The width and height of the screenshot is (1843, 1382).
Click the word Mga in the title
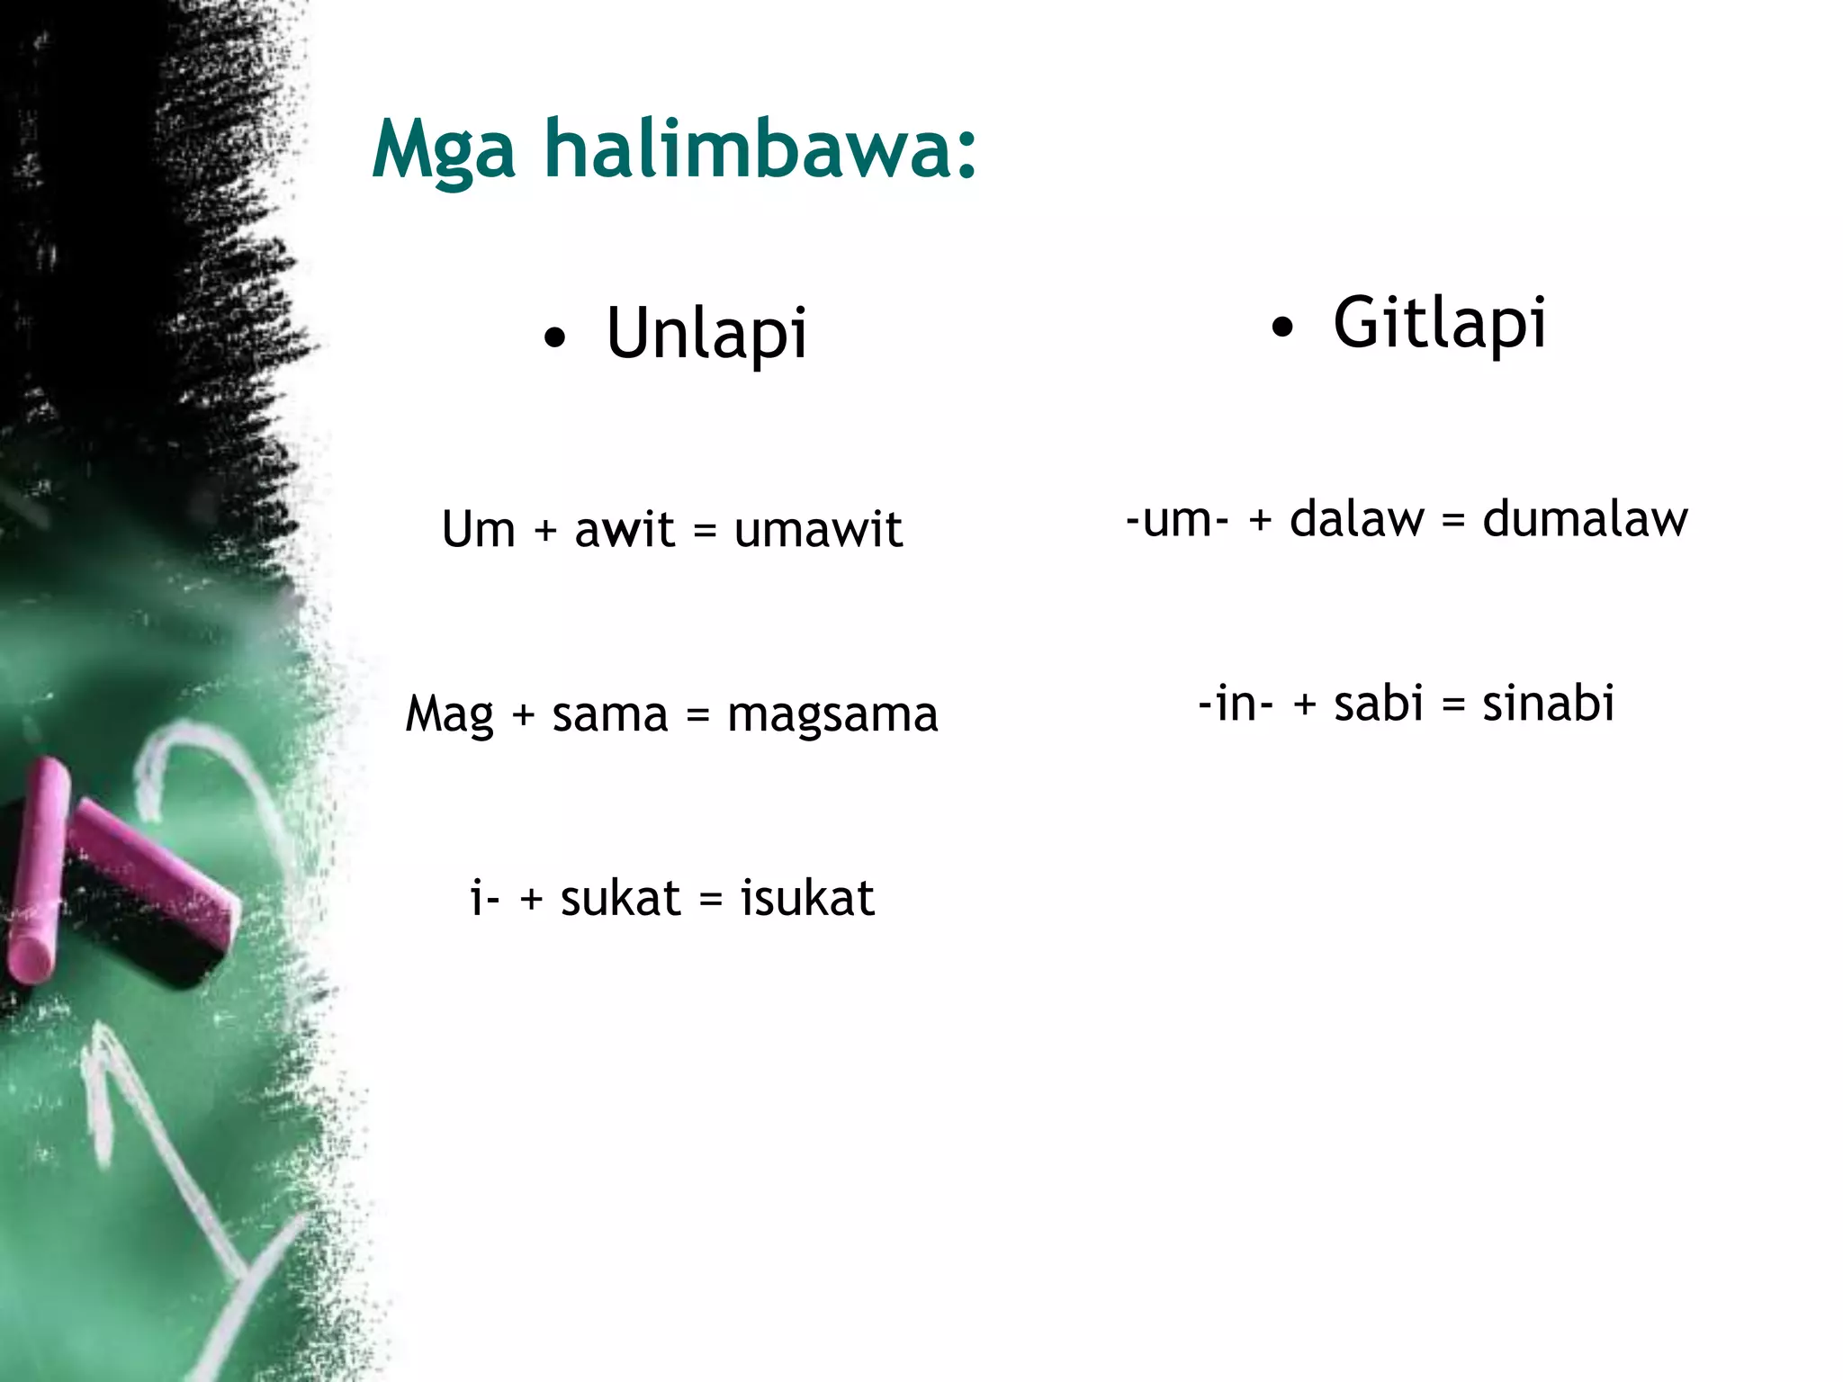pyautogui.click(x=443, y=151)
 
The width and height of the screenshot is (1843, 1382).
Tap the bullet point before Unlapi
pyautogui.click(x=555, y=338)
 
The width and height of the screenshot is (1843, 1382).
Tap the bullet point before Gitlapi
pyautogui.click(x=1281, y=328)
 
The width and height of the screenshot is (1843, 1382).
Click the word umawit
pyautogui.click(x=817, y=530)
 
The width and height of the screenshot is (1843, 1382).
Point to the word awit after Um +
pyautogui.click(x=624, y=530)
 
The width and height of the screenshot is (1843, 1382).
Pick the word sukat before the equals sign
pyautogui.click(x=620, y=899)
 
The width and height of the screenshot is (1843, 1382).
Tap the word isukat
pyautogui.click(x=806, y=899)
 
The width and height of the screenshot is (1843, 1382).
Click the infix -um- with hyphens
pyautogui.click(x=1177, y=521)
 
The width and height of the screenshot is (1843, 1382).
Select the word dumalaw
pyautogui.click(x=1585, y=520)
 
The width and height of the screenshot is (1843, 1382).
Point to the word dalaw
pyautogui.click(x=1357, y=520)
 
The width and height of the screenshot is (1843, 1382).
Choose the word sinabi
pyautogui.click(x=1548, y=704)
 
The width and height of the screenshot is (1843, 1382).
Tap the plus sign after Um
pyautogui.click(x=545, y=531)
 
